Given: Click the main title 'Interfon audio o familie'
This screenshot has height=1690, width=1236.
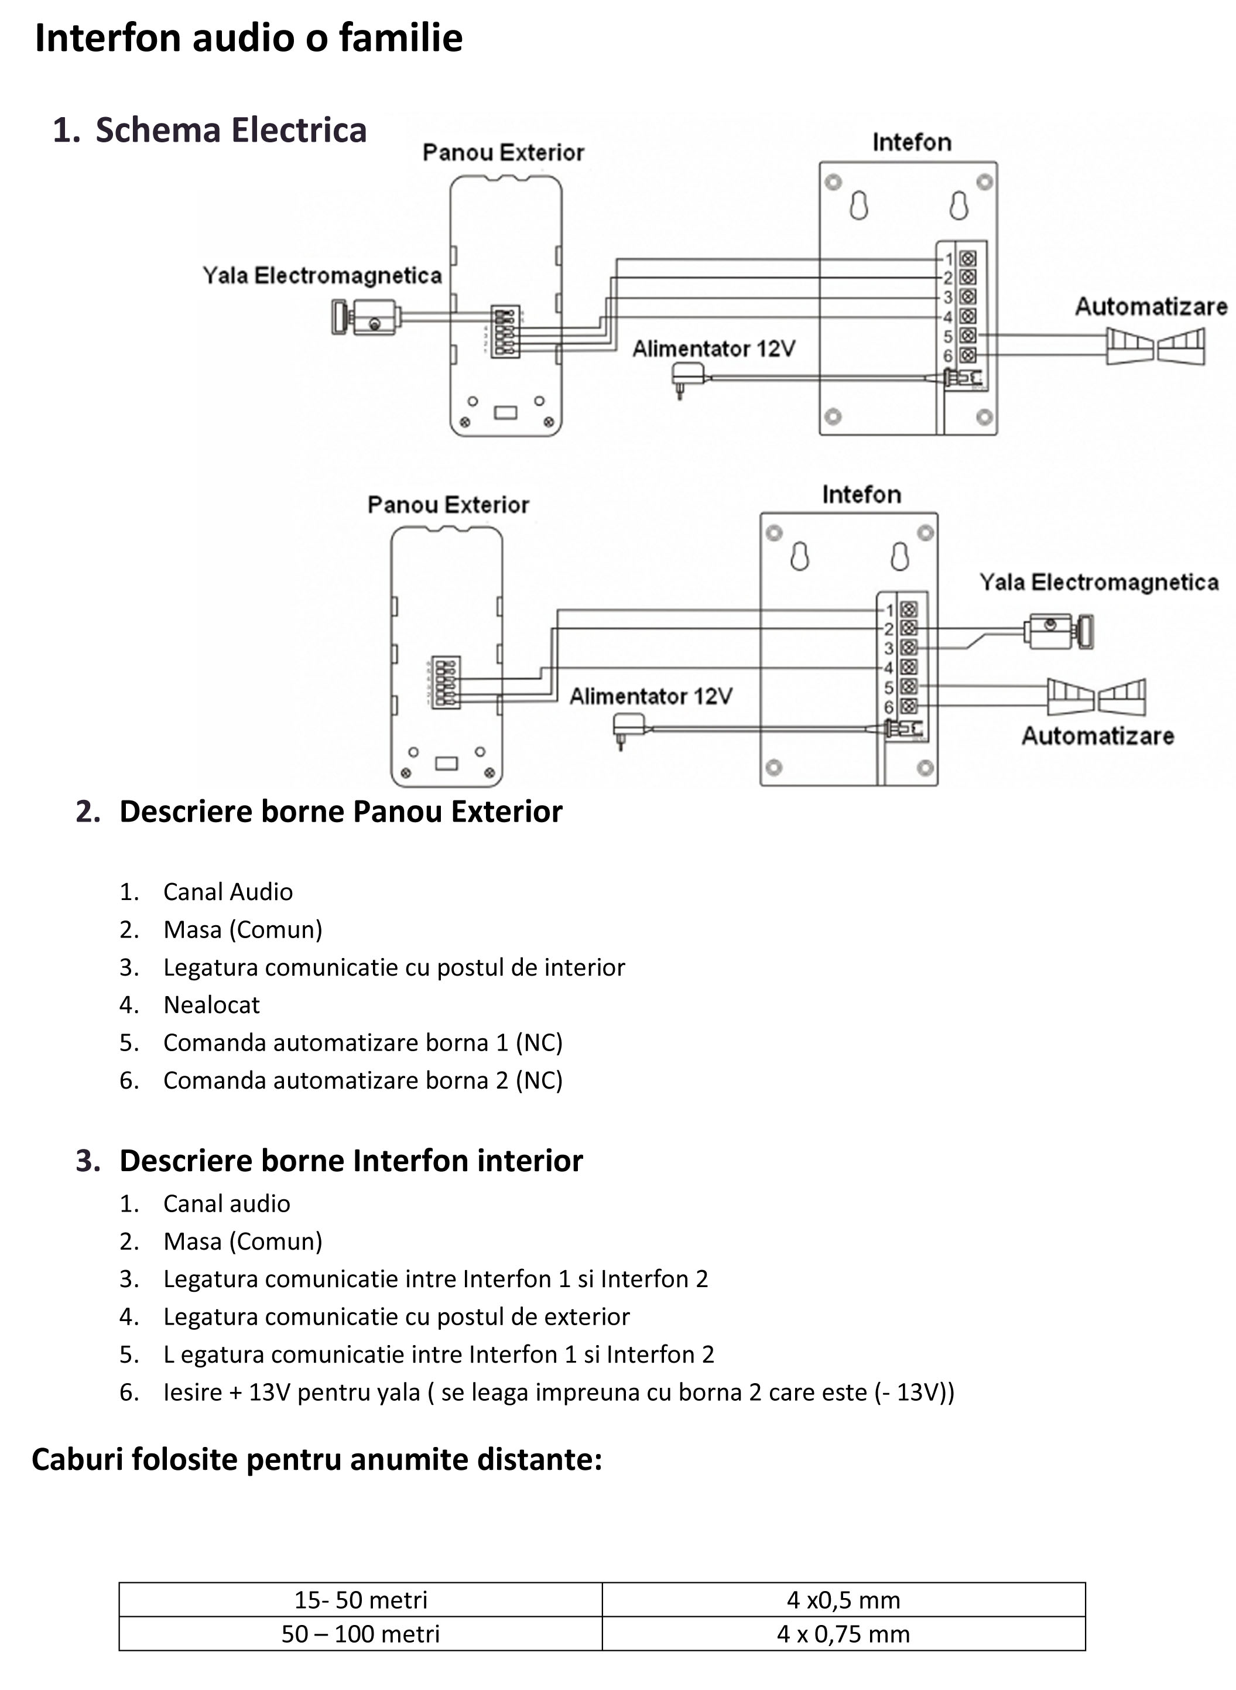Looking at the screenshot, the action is pos(248,38).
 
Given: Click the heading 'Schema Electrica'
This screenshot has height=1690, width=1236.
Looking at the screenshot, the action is pos(231,129).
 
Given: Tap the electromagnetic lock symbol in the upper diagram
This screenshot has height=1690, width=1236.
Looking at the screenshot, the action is pos(367,317).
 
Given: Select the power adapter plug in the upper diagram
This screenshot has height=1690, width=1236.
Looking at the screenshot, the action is pos(689,378).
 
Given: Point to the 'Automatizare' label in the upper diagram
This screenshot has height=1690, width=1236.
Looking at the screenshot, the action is pos(1151,306).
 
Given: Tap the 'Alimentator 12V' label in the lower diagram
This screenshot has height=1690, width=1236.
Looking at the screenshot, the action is pos(651,696).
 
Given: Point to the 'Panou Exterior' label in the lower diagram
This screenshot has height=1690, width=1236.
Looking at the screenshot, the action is pos(448,505).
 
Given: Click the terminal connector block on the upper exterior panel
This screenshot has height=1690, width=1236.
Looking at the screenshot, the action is pos(505,331).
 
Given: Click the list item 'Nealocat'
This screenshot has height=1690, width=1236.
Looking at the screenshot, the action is pos(212,1005).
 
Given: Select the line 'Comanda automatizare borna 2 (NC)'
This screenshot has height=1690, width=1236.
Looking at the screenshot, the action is pos(363,1080).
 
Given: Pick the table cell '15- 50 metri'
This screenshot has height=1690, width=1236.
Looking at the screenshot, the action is pos(361,1600).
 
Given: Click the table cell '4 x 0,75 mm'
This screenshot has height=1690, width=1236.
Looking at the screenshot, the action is pos(843,1634).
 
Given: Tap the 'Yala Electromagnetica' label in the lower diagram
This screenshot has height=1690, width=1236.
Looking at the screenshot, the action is pos(1099,582).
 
